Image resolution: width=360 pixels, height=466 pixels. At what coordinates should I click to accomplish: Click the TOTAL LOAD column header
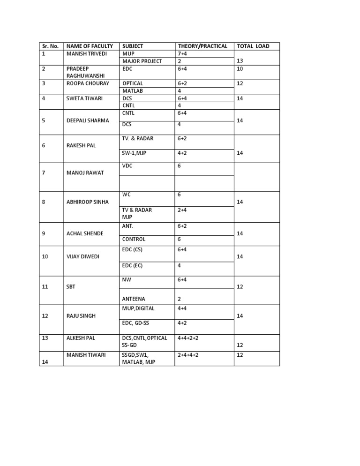coord(253,46)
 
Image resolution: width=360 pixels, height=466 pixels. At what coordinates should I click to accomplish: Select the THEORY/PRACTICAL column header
coord(202,46)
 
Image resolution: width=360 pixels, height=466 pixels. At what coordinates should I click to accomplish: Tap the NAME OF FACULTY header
coord(90,46)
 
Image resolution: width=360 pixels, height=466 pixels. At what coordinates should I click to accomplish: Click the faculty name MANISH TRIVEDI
coord(87,53)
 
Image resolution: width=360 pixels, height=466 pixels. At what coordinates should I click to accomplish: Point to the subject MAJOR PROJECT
coord(142,61)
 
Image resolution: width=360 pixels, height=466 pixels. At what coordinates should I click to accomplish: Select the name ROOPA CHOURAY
coord(88,83)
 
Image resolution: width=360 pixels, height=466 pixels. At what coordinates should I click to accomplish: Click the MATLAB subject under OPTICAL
coord(133,91)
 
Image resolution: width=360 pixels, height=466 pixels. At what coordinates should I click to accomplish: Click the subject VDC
coord(127,166)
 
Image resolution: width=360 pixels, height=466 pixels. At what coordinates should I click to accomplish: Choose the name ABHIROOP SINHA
coord(88,202)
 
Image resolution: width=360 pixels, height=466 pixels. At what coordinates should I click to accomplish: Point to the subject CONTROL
coord(134,239)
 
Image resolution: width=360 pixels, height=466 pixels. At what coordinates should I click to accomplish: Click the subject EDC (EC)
coord(132,265)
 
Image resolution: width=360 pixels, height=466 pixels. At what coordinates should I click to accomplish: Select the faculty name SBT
coord(71,286)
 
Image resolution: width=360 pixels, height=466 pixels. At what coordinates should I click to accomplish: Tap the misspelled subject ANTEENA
coord(134,299)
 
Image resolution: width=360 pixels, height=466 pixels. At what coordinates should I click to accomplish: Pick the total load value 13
coord(240,61)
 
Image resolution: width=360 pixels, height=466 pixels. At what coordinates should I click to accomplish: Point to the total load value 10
coord(240,68)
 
